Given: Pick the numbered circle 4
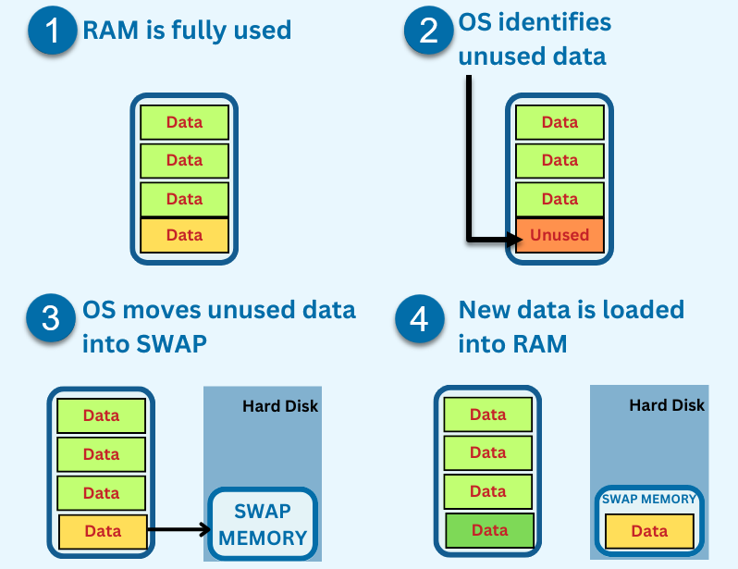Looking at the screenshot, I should click(x=419, y=319).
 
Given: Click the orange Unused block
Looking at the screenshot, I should click(x=560, y=235).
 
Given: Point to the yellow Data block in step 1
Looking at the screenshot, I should click(x=184, y=235).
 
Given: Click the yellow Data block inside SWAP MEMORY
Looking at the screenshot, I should click(x=649, y=531).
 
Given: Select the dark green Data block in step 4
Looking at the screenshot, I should click(x=489, y=530).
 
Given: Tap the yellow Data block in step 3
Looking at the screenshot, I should click(x=103, y=531).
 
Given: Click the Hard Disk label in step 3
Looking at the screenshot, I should click(x=280, y=406).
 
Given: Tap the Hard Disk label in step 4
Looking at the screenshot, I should click(x=667, y=405).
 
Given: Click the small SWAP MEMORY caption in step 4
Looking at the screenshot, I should click(x=649, y=500).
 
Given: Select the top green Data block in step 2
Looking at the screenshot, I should click(x=560, y=122).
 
